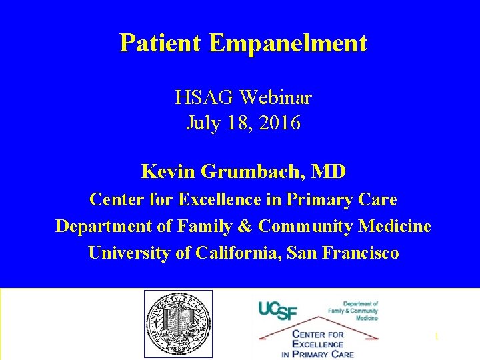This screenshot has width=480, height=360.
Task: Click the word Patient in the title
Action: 161,43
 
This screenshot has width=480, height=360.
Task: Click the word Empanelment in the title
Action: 288,43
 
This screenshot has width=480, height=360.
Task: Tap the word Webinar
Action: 276,98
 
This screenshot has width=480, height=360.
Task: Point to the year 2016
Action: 281,123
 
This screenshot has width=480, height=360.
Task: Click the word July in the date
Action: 201,123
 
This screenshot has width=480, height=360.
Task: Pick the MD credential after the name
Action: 329,172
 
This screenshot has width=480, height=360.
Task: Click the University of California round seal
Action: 178,323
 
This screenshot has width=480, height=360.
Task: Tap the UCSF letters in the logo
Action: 278,309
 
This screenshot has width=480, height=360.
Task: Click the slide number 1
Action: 436,337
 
